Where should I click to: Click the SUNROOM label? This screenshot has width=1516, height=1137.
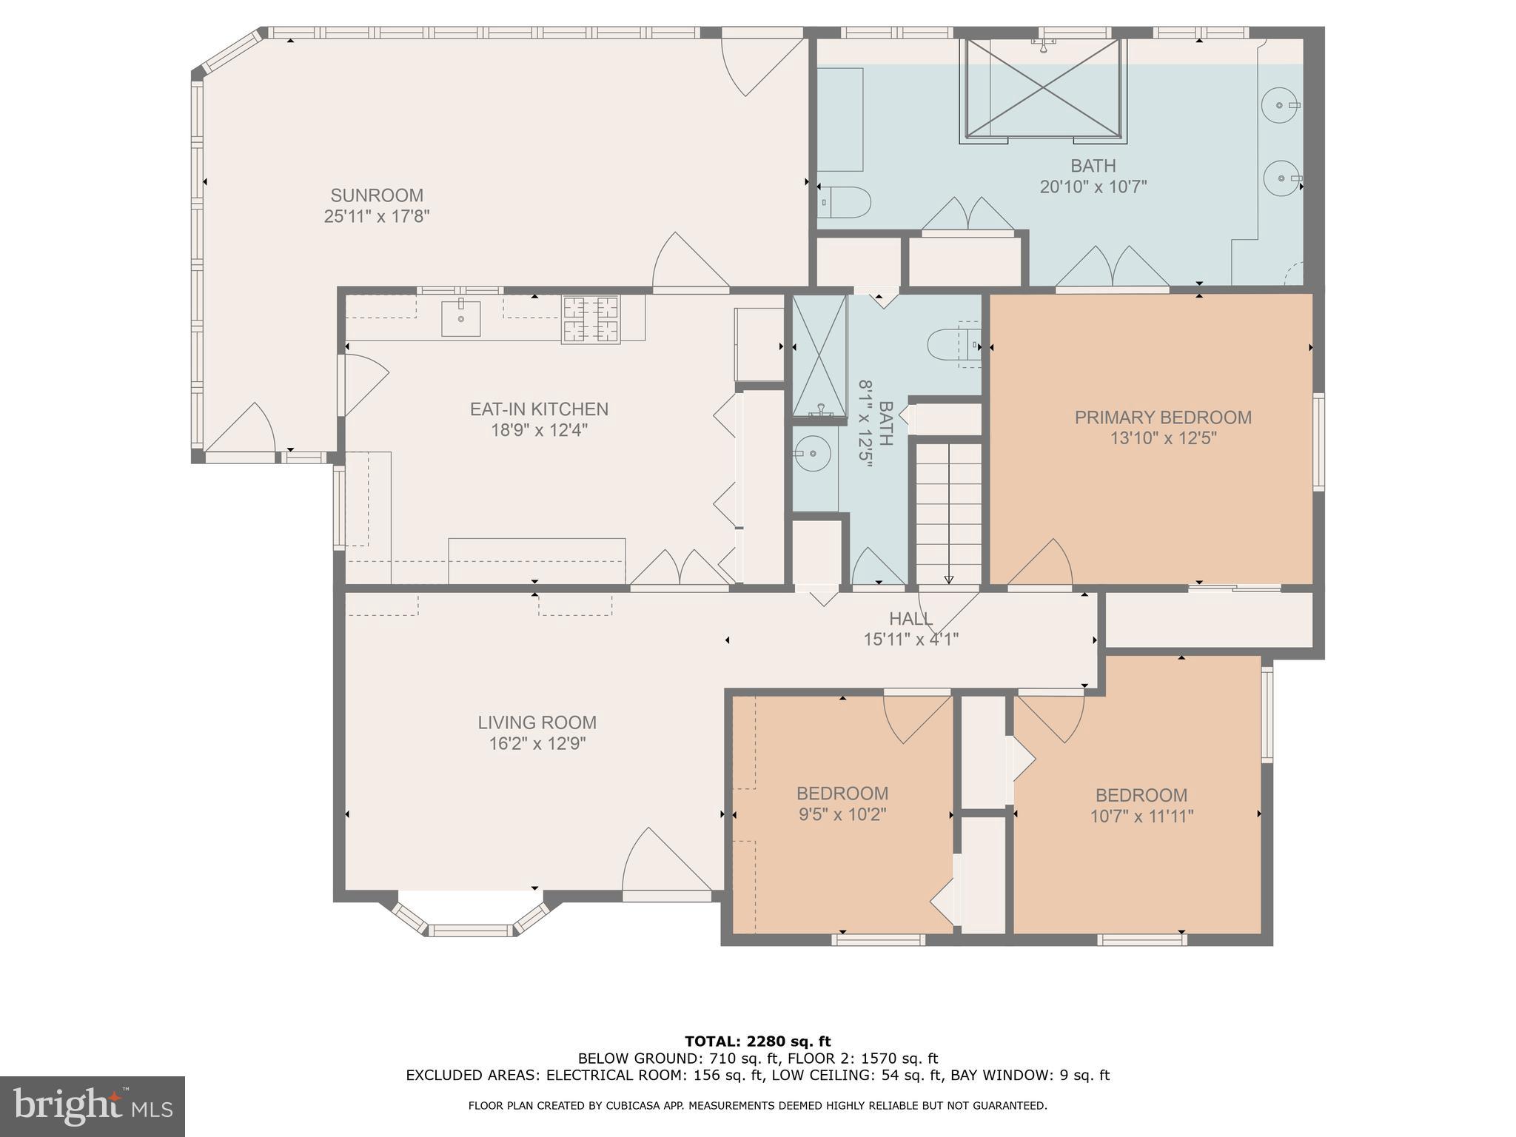377,195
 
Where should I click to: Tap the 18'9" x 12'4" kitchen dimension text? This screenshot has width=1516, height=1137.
539,430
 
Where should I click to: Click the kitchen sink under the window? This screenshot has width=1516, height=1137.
460,318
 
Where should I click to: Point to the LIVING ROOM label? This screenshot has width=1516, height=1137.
537,722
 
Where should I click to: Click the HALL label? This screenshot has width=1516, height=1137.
910,619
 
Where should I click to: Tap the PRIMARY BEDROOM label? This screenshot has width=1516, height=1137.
1162,417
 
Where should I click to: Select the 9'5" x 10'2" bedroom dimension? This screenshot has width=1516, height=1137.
842,815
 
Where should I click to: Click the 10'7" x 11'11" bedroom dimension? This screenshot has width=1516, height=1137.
1141,816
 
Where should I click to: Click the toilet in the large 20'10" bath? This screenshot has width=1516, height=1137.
847,201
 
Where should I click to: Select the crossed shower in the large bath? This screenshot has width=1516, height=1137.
1044,89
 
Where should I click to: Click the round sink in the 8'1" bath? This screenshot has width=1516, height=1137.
811,453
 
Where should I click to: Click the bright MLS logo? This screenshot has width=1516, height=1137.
92,1107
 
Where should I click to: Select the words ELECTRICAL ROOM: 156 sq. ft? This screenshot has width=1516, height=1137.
631,1076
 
